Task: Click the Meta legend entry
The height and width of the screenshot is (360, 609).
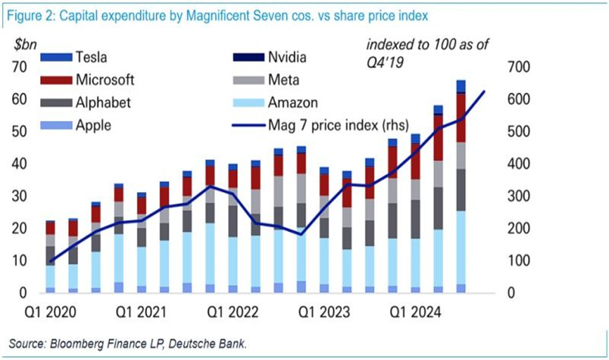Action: [x=283, y=79]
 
